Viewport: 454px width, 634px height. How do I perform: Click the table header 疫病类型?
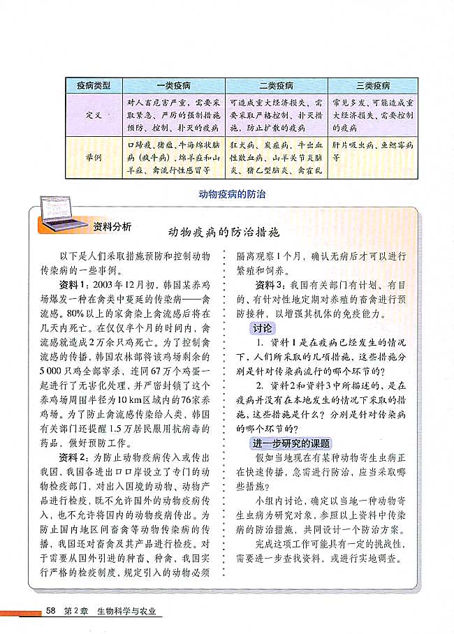click(93, 86)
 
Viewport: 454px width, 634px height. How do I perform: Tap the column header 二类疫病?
click(276, 86)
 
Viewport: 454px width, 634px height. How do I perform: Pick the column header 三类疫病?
click(373, 86)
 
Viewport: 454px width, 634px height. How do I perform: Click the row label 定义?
click(93, 114)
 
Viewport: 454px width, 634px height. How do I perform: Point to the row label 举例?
click(93, 158)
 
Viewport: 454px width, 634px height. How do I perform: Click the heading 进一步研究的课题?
click(291, 444)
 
